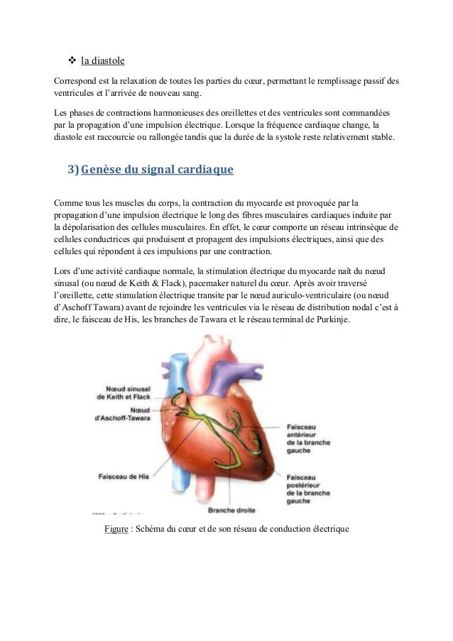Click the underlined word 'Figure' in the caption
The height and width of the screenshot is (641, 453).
coord(116,530)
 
